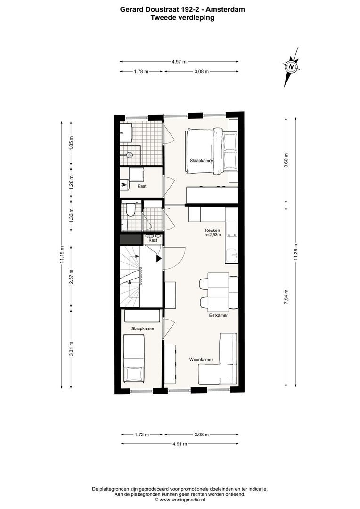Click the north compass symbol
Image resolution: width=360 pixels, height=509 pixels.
[x=292, y=66]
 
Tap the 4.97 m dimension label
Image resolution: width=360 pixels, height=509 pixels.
[x=179, y=61]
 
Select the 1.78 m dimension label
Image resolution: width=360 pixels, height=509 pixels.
[x=141, y=71]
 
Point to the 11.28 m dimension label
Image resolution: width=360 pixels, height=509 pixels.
[x=295, y=252]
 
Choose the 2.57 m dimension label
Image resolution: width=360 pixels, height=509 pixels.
[x=71, y=278]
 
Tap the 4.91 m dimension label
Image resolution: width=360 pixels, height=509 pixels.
[x=179, y=444]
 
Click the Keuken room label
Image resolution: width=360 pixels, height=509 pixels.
[x=212, y=230]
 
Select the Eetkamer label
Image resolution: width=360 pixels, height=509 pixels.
[x=218, y=315]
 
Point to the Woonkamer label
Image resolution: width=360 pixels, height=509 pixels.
[x=201, y=359]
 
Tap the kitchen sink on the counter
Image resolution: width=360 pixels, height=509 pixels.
[x=232, y=255]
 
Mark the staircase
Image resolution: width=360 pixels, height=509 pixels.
[x=130, y=278]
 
